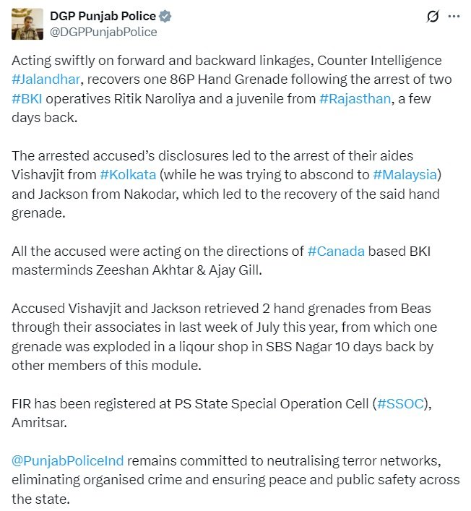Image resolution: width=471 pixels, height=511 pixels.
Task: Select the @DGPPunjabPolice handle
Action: [x=103, y=32]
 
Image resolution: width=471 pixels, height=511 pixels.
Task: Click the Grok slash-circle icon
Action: [x=433, y=15]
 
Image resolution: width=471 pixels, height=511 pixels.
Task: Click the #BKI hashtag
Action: [x=27, y=98]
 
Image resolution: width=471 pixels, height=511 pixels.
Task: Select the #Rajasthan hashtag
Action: [x=354, y=98]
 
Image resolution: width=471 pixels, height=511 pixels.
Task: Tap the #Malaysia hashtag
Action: [x=405, y=176]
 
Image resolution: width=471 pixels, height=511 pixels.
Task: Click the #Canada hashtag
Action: [x=336, y=251]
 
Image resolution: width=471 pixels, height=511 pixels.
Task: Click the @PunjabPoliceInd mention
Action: [x=68, y=459]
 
